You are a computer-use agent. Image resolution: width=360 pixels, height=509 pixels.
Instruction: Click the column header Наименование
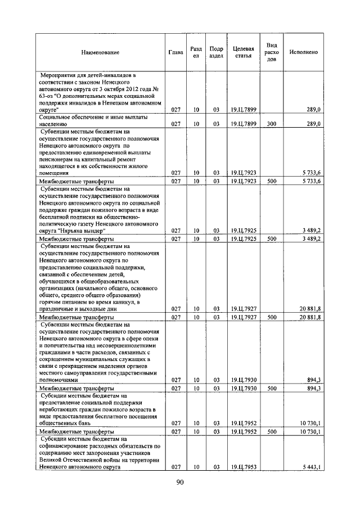[x=100, y=52]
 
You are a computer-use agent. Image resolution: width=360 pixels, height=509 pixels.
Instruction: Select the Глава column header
[x=175, y=52]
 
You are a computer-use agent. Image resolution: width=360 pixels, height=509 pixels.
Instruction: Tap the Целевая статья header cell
[x=244, y=52]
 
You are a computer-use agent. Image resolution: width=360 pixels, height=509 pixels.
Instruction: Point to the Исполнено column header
[x=303, y=52]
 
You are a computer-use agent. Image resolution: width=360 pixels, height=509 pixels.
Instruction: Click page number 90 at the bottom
[x=180, y=481]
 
